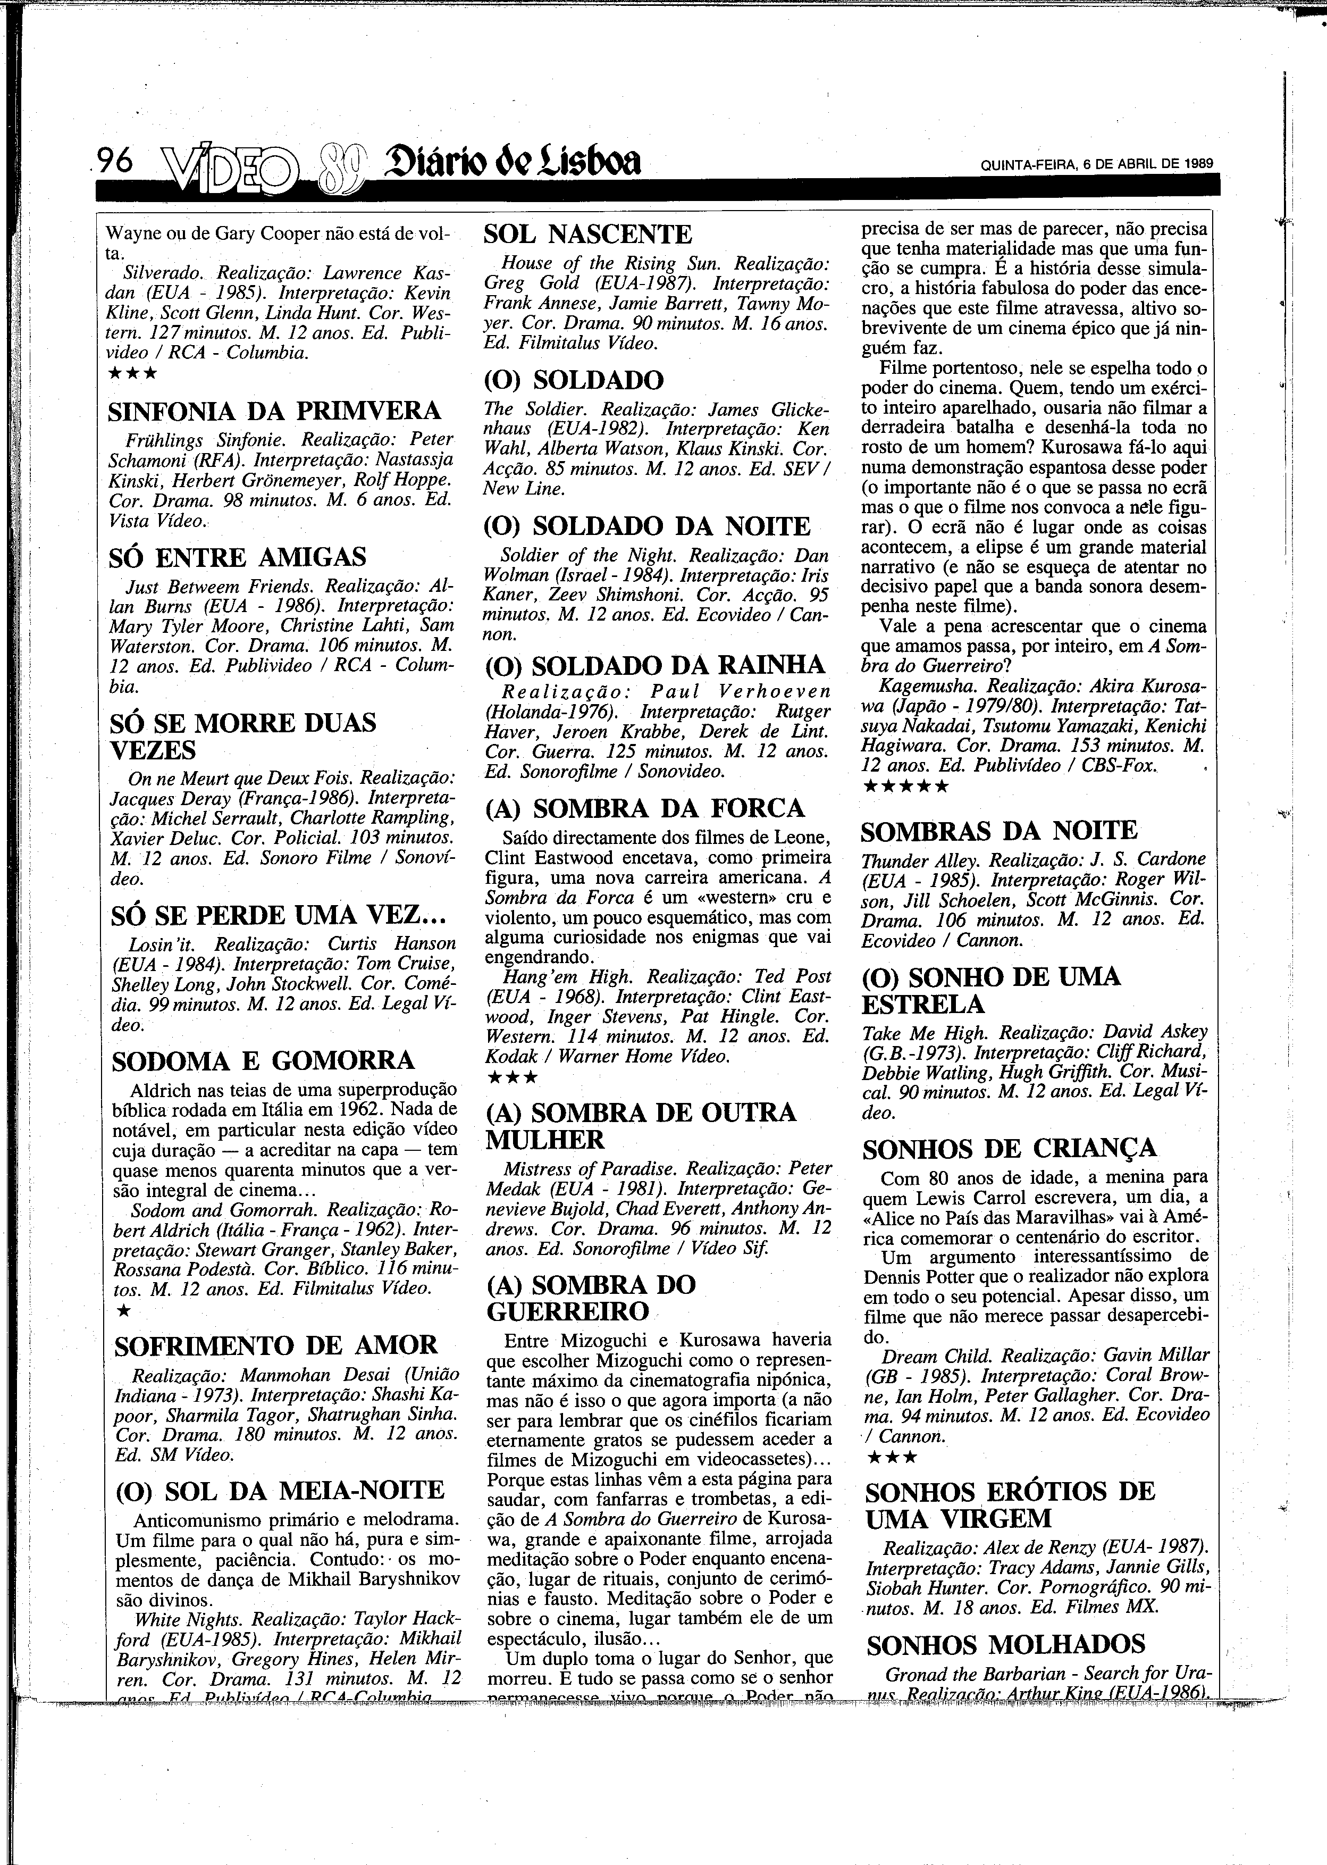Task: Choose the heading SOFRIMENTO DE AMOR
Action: tap(276, 1345)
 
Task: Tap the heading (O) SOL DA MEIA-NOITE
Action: tap(280, 1490)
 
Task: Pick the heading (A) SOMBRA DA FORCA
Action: tap(645, 808)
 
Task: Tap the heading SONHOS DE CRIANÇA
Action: tap(1010, 1148)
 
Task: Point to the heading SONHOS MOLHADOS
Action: tap(1006, 1644)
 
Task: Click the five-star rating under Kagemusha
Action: tap(906, 787)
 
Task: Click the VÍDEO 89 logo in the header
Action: tap(262, 168)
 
